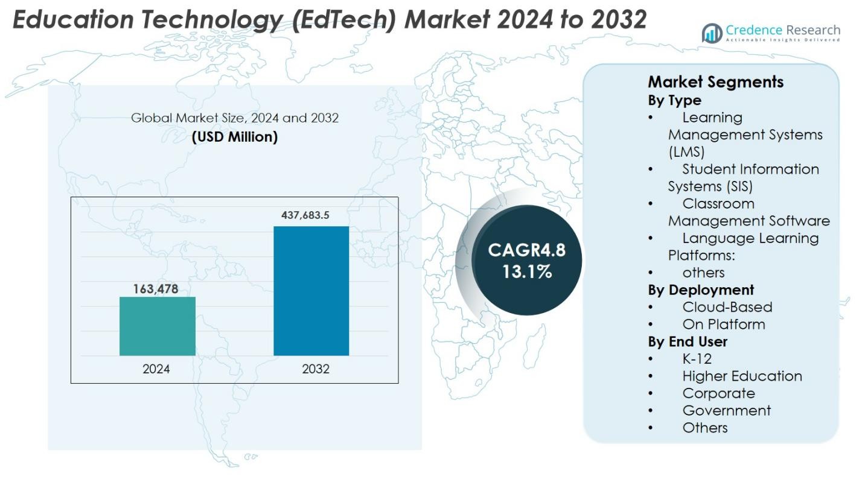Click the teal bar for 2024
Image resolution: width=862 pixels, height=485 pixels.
(157, 326)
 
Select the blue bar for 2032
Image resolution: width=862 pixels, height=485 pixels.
(311, 291)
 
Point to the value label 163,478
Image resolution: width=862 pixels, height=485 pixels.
(156, 289)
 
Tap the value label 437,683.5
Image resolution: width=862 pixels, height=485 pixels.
(305, 215)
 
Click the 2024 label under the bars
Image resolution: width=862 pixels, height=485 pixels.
(156, 369)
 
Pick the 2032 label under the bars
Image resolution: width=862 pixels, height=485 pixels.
(316, 369)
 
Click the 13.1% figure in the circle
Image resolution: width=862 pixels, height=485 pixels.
(527, 271)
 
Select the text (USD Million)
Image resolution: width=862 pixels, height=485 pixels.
(234, 137)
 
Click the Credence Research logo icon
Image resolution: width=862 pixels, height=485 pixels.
(712, 34)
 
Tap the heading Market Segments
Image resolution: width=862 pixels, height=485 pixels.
(715, 82)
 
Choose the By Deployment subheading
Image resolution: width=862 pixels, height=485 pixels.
(701, 290)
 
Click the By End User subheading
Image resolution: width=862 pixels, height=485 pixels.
(688, 341)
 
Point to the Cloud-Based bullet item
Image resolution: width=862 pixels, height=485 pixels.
(727, 307)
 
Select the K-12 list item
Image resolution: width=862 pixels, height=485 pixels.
(697, 359)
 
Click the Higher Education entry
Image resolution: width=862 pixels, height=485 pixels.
(742, 376)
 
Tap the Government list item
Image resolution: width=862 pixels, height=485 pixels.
(726, 410)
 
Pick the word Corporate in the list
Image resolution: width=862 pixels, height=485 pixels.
(718, 393)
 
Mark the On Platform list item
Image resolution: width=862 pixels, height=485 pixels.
(723, 324)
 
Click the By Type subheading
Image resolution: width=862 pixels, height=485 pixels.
(674, 100)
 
